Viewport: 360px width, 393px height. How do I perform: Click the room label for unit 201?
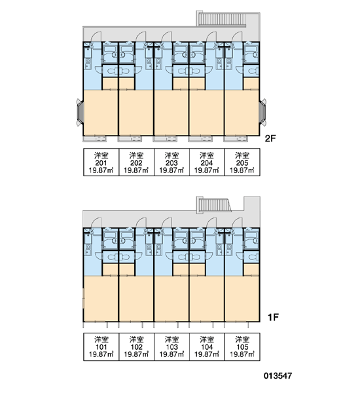click(x=101, y=162)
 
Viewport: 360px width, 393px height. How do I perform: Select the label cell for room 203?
click(x=171, y=162)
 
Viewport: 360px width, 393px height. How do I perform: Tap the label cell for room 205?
click(x=242, y=162)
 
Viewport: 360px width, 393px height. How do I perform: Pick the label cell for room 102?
click(x=136, y=347)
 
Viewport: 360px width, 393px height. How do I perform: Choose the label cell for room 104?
click(x=207, y=347)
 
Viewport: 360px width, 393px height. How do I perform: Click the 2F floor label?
click(x=270, y=139)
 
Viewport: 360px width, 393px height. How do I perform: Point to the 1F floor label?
click(x=273, y=317)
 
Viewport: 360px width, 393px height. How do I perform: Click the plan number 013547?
click(x=278, y=376)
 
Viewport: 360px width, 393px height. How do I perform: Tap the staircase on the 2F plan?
click(x=221, y=19)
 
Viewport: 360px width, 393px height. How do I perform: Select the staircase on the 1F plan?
click(x=214, y=205)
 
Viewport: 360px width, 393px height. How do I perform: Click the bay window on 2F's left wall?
click(x=80, y=112)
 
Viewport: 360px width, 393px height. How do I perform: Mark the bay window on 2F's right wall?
click(x=263, y=112)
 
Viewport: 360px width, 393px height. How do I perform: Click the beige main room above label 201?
click(x=101, y=113)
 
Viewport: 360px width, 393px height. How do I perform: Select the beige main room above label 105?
click(x=242, y=298)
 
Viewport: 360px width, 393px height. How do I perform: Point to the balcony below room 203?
click(x=165, y=139)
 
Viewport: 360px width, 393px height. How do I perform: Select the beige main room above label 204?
click(x=207, y=113)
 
